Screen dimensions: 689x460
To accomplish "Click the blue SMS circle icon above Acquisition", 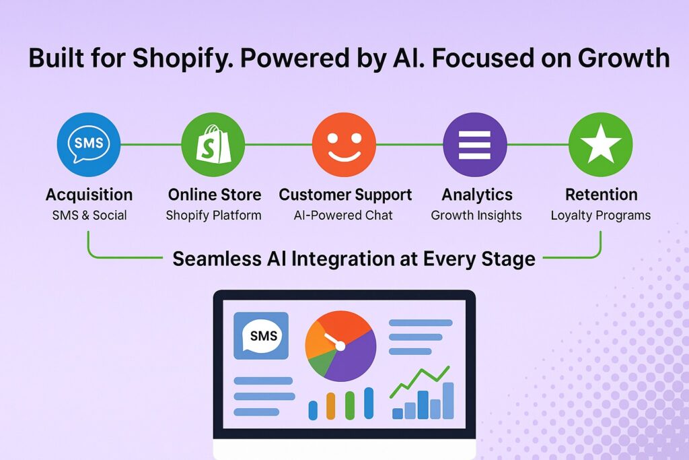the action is click(x=89, y=144).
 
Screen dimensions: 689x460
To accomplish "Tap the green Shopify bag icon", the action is click(x=213, y=144).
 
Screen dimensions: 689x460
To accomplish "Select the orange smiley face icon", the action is click(x=344, y=144).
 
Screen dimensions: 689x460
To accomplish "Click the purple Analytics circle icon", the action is click(x=474, y=144).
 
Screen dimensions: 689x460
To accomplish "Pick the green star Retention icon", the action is click(x=601, y=144).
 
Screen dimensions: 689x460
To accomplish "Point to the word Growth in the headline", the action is click(x=624, y=58).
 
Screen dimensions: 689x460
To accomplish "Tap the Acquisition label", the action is click(x=89, y=195).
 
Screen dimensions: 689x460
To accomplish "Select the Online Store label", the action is click(x=215, y=195).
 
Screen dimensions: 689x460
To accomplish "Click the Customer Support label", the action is click(x=345, y=195).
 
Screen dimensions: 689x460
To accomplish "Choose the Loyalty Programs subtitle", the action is click(x=601, y=216).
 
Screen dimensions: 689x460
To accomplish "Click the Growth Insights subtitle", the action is click(x=476, y=216).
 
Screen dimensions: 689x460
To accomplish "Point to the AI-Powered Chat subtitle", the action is click(x=343, y=215).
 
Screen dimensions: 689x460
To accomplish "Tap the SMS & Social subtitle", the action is click(x=89, y=215).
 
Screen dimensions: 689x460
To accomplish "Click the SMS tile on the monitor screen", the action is click(x=261, y=335).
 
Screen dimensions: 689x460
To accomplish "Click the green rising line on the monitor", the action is click(x=420, y=381).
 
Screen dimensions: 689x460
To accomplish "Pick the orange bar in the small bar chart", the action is click(x=331, y=406).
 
